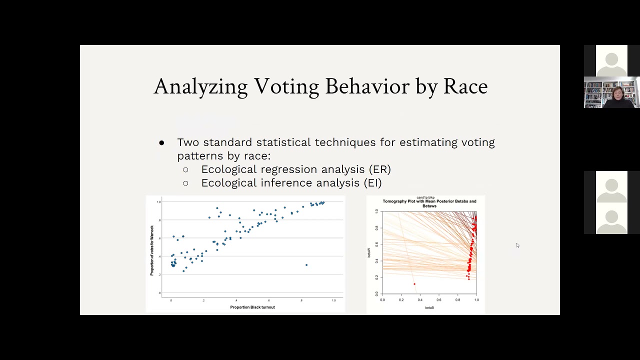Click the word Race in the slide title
coord(465,86)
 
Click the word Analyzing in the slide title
coord(200,86)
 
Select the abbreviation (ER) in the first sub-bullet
coord(379,169)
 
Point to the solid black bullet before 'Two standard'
coord(161,143)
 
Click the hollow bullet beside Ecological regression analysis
coord(186,170)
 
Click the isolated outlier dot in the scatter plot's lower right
coord(306,265)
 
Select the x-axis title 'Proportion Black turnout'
coord(252,307)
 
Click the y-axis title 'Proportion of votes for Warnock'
coord(152,250)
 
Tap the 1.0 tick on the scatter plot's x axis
coord(333,300)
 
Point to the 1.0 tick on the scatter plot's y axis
coord(158,202)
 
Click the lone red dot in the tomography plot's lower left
coord(414,284)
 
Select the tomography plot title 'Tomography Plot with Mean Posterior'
coord(429,201)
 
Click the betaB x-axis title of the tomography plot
coord(429,307)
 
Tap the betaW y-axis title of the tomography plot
coord(369,252)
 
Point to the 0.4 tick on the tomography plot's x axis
coord(420,300)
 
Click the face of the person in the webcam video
coord(617,93)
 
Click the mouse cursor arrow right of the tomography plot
coord(517,245)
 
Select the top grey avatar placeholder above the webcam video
coord(611,61)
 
